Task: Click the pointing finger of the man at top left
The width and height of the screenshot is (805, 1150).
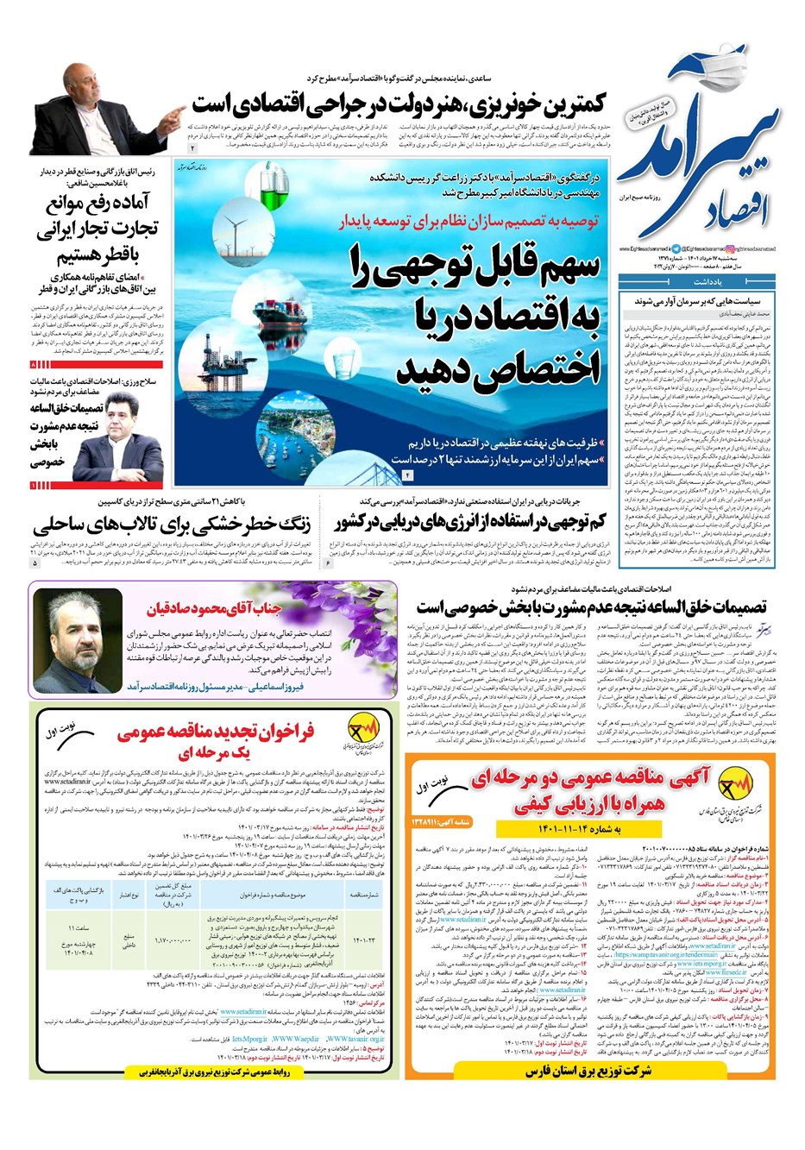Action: coord(176,114)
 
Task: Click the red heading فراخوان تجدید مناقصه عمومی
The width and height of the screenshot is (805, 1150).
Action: coord(216,733)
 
